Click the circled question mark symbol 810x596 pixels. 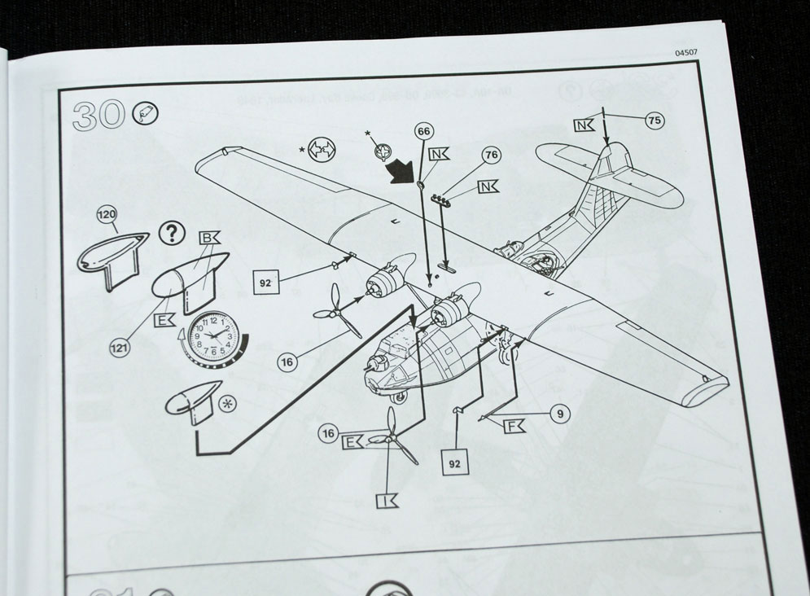coord(170,234)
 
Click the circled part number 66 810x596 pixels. coord(423,132)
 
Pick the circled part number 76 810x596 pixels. coord(490,154)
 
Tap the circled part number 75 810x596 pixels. coord(654,120)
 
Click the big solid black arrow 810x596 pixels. coord(403,172)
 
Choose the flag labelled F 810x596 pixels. coord(513,427)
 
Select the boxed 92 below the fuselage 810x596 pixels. coord(457,461)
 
